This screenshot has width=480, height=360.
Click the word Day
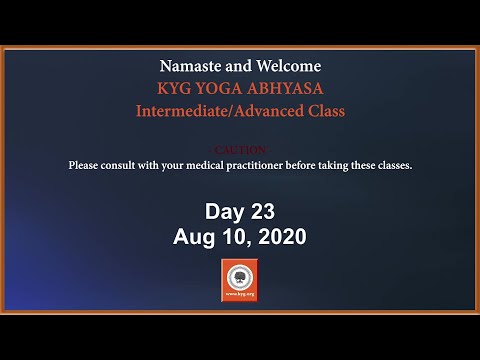point(223,212)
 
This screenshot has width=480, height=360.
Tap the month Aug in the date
point(194,237)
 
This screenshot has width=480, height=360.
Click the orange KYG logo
point(239,281)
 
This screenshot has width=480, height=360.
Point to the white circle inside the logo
point(239,277)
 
